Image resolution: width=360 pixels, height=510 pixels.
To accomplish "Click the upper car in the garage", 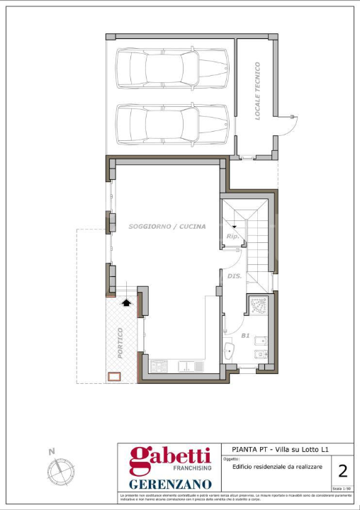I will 173,69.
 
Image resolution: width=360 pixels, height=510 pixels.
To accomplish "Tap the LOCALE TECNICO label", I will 258,91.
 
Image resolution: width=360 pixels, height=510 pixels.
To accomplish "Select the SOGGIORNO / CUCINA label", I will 167,227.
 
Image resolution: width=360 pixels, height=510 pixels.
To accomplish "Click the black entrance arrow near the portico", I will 127,302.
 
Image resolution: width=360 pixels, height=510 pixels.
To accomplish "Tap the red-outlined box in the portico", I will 113,377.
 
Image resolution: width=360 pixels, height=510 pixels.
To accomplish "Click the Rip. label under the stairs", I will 232,236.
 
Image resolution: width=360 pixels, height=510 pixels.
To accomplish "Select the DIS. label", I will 235,276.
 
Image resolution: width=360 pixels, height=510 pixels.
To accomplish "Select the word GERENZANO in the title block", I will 170,484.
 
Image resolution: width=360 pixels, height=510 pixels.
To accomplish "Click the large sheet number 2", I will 343,471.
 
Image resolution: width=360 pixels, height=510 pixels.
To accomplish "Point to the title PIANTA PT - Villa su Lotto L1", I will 281,449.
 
